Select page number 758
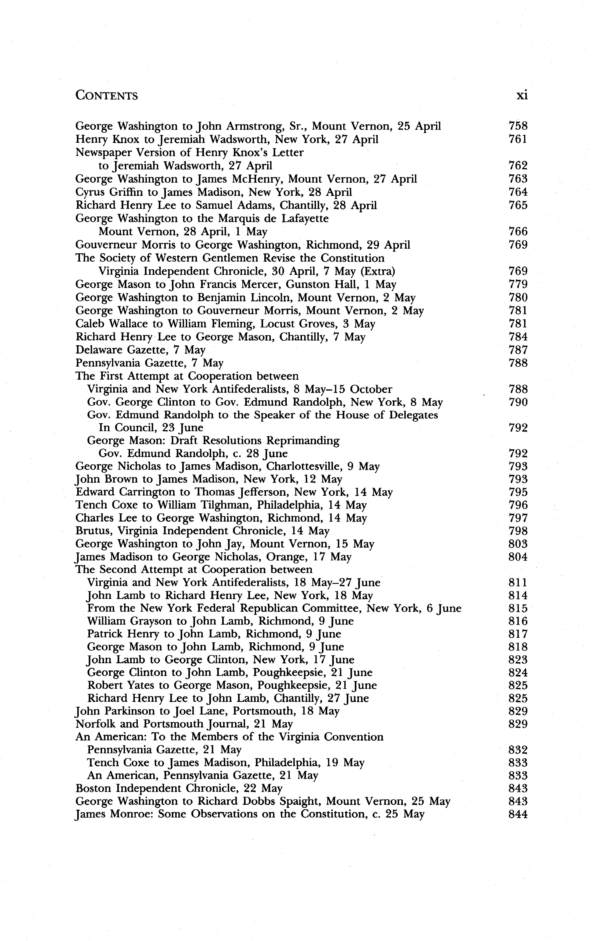coord(518,126)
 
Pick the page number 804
coord(518,557)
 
